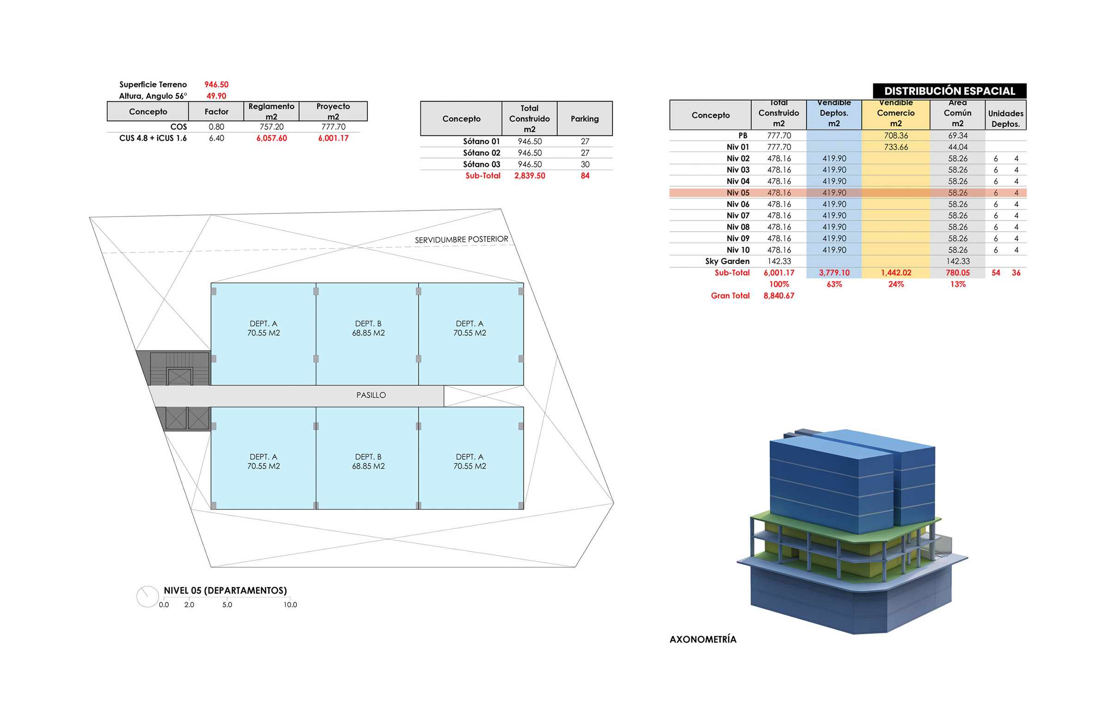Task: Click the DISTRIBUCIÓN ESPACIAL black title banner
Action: click(949, 91)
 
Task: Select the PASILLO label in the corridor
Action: click(371, 395)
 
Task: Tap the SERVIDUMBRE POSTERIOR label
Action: click(462, 239)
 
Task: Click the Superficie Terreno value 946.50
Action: click(216, 85)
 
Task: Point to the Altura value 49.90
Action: click(216, 96)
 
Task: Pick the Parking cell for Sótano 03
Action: click(585, 165)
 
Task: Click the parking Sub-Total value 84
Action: click(585, 176)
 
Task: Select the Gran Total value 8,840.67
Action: click(779, 295)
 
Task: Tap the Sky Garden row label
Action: click(727, 262)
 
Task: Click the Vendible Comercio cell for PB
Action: click(896, 135)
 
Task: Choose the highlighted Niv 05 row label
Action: click(738, 193)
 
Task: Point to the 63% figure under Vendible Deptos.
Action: click(834, 284)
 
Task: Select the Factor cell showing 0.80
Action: click(216, 127)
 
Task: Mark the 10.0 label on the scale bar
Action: click(290, 605)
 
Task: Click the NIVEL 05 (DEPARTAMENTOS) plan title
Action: click(225, 591)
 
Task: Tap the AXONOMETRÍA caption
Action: click(703, 640)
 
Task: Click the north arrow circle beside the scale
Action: click(147, 596)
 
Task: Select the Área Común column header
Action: click(957, 113)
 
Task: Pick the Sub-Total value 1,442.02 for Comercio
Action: click(896, 273)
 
